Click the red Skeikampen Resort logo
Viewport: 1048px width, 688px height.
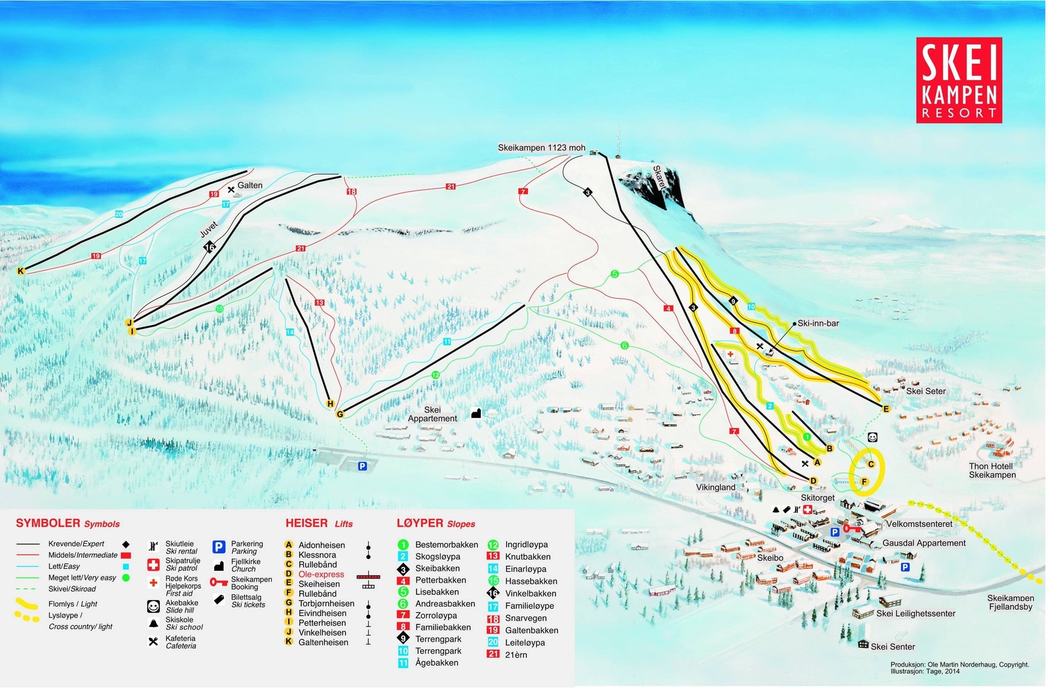click(958, 80)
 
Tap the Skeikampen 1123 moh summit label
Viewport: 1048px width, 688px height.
click(541, 147)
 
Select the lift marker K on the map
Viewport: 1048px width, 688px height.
click(21, 271)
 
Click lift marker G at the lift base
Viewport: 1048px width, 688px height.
click(339, 414)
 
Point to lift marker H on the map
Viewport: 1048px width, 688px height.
click(330, 404)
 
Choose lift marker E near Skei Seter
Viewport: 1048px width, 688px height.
click(886, 409)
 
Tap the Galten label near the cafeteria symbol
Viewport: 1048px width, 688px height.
click(250, 185)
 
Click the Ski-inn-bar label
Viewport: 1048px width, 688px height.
click(818, 323)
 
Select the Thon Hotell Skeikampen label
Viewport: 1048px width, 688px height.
click(992, 470)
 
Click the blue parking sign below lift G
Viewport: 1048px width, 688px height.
click(362, 466)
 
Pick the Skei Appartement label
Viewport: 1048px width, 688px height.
click(432, 414)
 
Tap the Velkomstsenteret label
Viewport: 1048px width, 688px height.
click(919, 524)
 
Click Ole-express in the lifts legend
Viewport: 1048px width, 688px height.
click(321, 574)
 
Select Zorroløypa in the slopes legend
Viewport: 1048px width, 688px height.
click(436, 615)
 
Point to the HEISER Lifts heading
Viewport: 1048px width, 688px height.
click(319, 523)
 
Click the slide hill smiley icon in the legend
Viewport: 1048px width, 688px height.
click(153, 607)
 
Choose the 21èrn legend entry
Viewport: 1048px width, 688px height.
click(515, 655)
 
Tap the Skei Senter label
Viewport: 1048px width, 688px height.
click(892, 646)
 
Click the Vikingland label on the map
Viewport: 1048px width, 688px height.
click(715, 487)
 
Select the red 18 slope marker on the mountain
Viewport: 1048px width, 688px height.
click(352, 191)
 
